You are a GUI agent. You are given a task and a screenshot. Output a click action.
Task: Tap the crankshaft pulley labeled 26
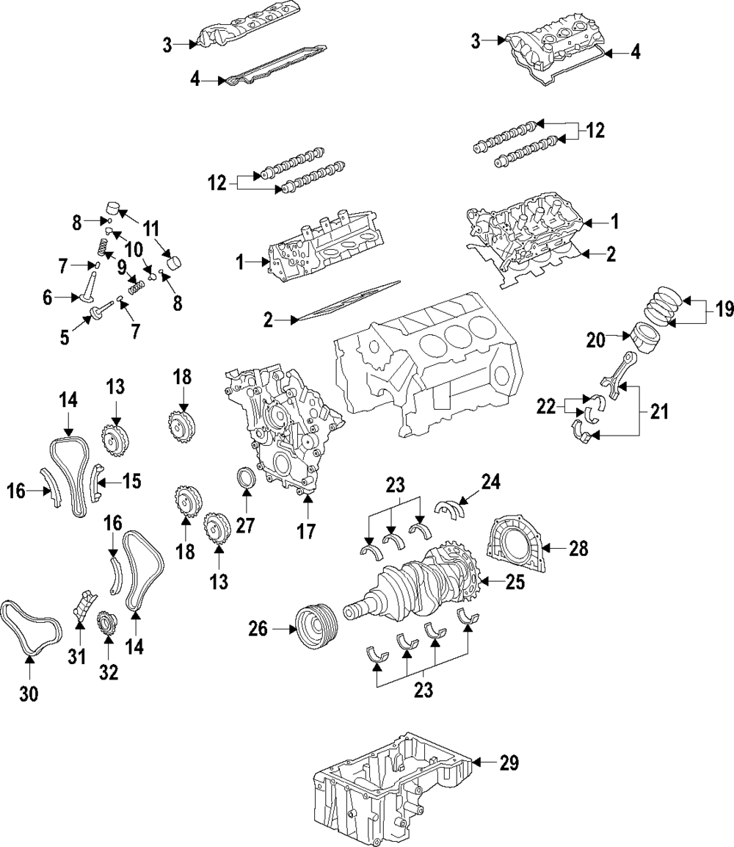click(x=316, y=628)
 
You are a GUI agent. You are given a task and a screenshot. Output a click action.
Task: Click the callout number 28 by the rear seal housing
click(x=578, y=548)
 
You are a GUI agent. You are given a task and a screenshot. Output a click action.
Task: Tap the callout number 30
click(x=29, y=692)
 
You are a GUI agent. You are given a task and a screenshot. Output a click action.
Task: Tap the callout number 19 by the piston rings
click(x=724, y=310)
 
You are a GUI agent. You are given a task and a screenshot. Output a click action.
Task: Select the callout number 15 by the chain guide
click(x=131, y=481)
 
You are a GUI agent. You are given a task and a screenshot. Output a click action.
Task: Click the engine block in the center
click(x=426, y=367)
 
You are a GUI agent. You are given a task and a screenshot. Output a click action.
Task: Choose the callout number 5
click(x=65, y=336)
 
